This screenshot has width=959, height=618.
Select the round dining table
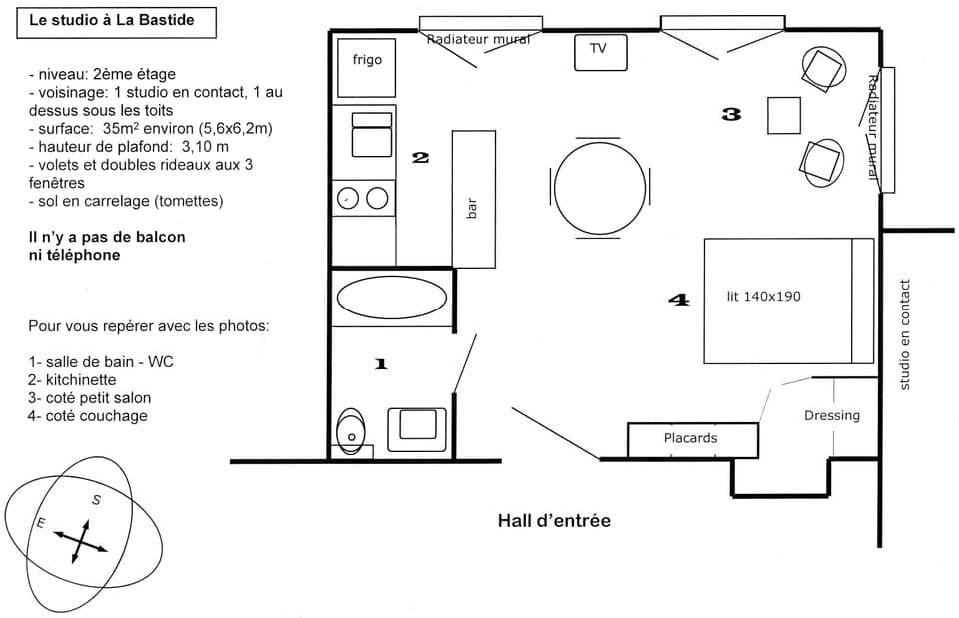click(600, 187)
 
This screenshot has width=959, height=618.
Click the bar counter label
click(473, 207)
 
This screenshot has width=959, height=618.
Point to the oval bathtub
click(392, 298)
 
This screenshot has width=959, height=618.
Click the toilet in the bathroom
click(350, 431)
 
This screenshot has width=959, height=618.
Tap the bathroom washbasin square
click(416, 425)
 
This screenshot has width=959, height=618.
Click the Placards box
click(690, 438)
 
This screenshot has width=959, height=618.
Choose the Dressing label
click(831, 415)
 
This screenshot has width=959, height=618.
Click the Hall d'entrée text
click(554, 521)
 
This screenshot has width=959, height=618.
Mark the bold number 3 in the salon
click(731, 114)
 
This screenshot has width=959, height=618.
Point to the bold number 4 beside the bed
click(678, 299)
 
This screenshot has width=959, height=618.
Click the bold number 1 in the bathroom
click(380, 364)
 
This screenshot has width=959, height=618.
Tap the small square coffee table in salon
click(784, 115)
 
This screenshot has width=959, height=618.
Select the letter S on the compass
click(96, 500)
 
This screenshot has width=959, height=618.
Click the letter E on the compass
click(41, 522)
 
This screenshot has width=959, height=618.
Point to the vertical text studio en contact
click(904, 334)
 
